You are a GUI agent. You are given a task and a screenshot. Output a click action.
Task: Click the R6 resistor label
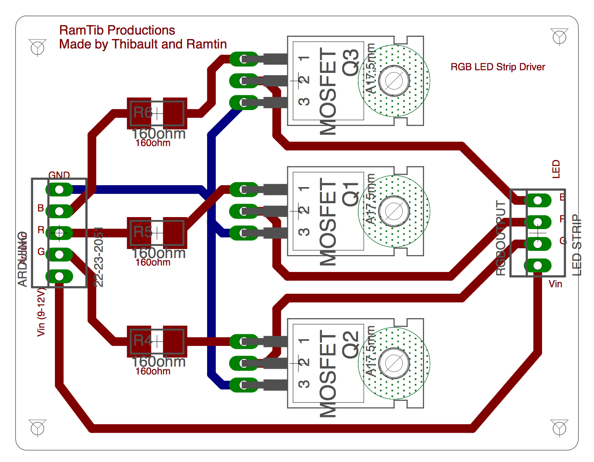[x=143, y=112]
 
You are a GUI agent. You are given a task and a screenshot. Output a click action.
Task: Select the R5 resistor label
[x=143, y=232]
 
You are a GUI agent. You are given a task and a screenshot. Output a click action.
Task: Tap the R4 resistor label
[x=143, y=340]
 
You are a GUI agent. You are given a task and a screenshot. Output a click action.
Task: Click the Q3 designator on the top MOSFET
[x=350, y=62]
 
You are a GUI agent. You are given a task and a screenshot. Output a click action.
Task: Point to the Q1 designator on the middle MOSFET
[x=350, y=194]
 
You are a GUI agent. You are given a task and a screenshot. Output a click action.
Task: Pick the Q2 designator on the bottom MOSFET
[x=350, y=344]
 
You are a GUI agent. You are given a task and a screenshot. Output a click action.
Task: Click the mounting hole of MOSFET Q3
[x=394, y=80]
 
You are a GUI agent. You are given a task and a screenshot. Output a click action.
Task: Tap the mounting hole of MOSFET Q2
[x=394, y=363]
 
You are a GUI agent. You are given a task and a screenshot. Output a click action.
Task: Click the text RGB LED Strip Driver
[x=497, y=67]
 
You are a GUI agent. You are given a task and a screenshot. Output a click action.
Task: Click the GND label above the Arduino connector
[x=59, y=175]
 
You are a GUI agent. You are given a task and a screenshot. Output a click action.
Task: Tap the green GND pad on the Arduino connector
[x=59, y=190]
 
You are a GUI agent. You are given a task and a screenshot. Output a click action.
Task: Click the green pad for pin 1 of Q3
[x=244, y=59]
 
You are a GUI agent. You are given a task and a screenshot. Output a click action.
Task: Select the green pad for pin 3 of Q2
[x=244, y=385]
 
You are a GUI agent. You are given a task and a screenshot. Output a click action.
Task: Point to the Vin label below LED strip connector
[x=555, y=284]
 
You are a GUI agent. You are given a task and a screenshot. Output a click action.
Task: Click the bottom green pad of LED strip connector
[x=538, y=266]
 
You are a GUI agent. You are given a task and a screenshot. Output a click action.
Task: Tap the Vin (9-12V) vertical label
[x=41, y=312]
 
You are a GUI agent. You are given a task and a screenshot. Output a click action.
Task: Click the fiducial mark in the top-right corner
[x=559, y=37]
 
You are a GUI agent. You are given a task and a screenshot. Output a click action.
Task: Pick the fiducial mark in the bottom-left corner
[x=38, y=428]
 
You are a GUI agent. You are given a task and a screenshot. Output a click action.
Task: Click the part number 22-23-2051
[x=98, y=257]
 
